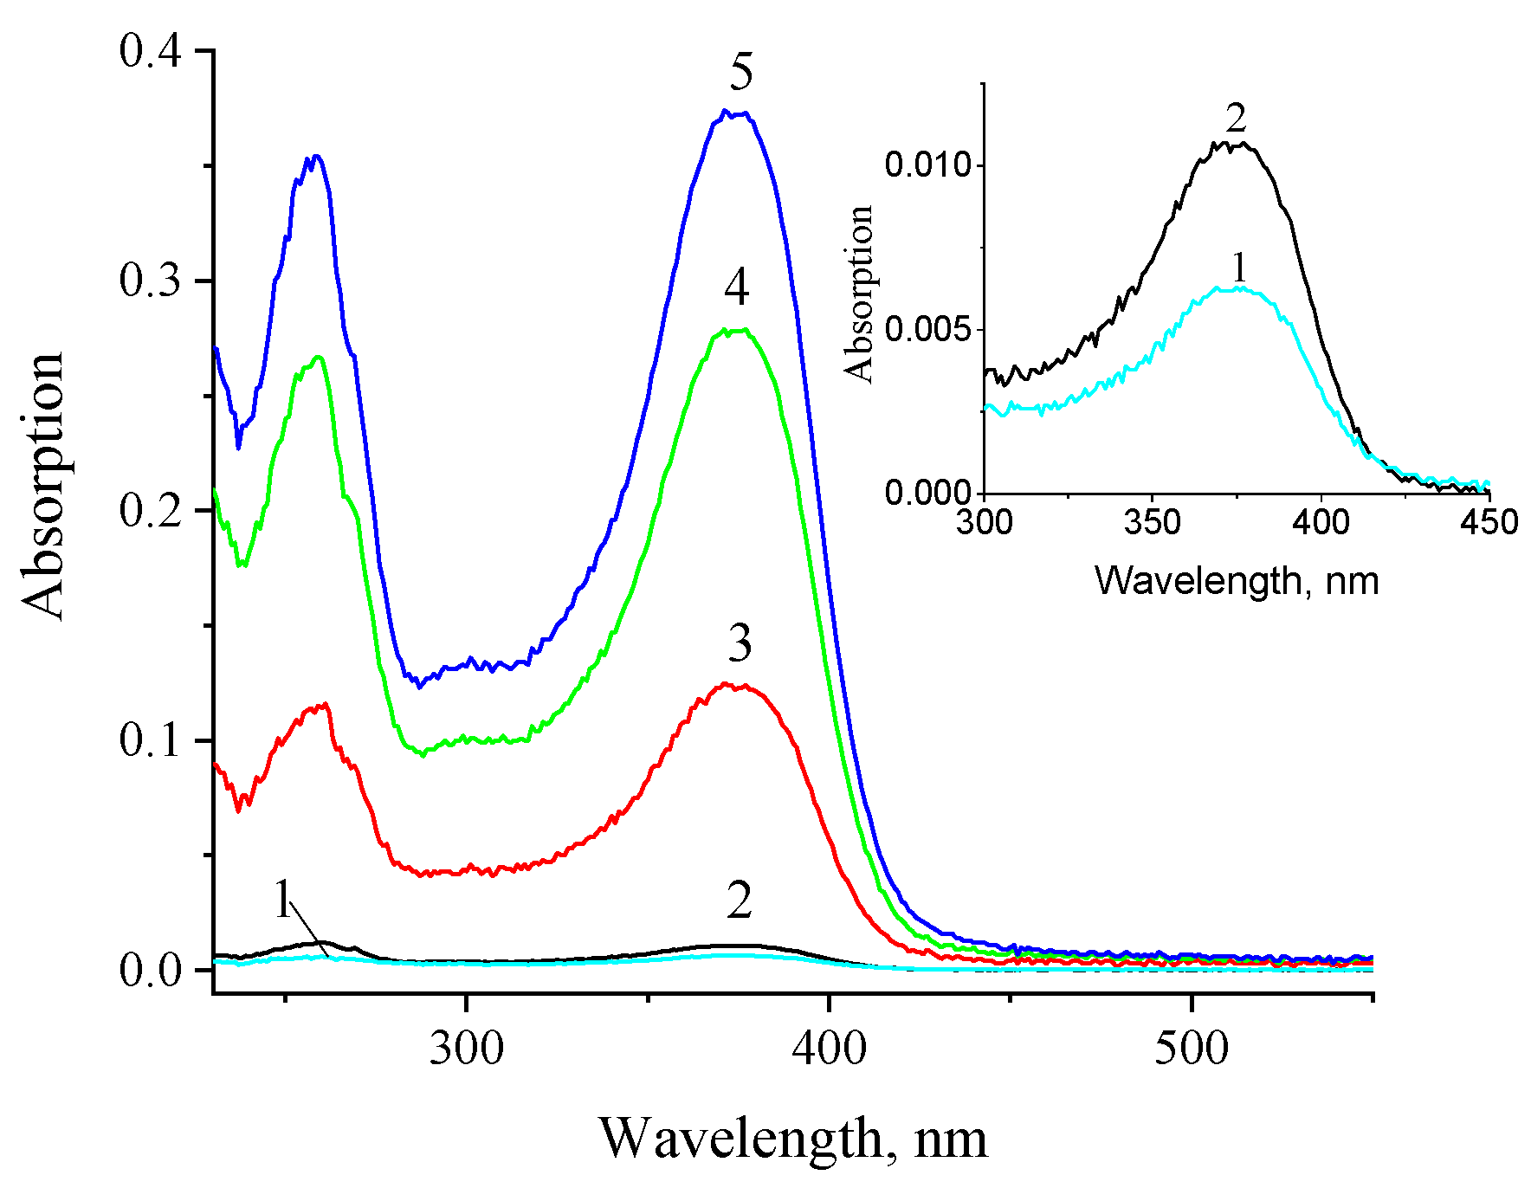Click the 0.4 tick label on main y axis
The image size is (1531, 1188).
(151, 51)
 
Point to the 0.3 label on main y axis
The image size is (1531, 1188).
(151, 281)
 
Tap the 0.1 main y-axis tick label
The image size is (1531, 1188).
(151, 739)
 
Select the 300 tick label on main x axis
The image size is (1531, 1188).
(467, 1049)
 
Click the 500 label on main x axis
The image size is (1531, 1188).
(1192, 1049)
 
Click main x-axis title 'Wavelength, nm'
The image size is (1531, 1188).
(792, 1138)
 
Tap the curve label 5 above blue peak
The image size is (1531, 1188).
(740, 71)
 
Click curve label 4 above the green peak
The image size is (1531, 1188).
(737, 287)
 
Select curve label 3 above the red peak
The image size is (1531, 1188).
(740, 643)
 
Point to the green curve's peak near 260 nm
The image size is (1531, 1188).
(318, 357)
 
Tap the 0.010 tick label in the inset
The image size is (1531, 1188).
(927, 165)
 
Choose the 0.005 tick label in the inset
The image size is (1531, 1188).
(927, 330)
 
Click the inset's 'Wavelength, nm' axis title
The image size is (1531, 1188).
(1236, 580)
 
